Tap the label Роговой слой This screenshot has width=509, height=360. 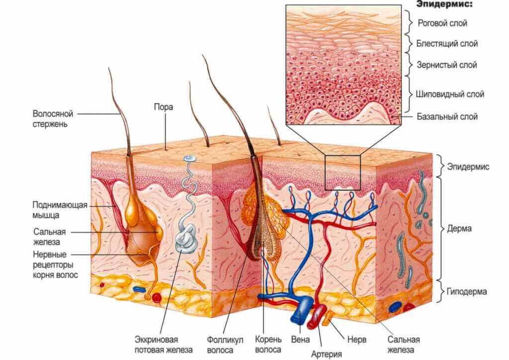tap(442, 23)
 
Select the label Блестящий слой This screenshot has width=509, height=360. tap(447, 44)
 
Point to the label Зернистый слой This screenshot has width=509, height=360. tap(446, 65)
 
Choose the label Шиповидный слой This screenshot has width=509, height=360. tap(450, 94)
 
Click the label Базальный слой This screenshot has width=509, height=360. tap(447, 117)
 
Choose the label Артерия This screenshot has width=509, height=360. tap(326, 354)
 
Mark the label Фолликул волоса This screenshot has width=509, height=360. tap(225, 345)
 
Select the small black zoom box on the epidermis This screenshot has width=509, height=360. tap(342, 173)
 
